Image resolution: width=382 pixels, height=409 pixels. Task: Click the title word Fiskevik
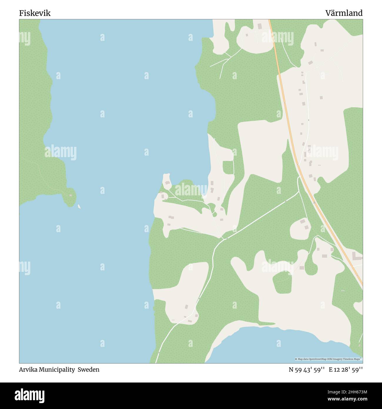point(35,13)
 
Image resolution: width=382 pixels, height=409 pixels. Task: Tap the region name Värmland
point(344,13)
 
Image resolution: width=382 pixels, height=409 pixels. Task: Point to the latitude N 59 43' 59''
point(306,370)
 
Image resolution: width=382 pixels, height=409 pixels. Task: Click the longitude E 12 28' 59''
point(346,370)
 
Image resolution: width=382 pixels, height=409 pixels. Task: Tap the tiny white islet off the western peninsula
point(79,207)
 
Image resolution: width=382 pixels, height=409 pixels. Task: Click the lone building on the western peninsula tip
point(71,195)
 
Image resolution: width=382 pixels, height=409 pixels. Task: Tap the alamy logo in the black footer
point(30,395)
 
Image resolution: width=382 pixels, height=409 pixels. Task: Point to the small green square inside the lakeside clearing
point(228,167)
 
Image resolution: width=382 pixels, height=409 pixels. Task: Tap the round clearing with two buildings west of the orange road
point(300,228)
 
